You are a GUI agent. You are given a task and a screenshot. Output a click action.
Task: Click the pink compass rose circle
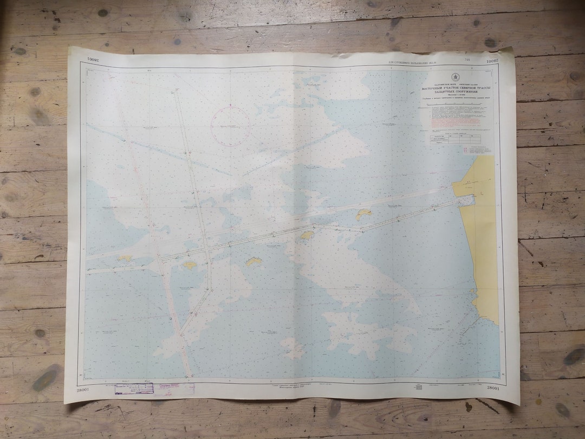point(230,126)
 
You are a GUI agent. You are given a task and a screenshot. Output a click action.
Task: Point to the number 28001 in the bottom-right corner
point(493,388)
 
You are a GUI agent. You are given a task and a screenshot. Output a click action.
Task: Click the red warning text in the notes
point(455,122)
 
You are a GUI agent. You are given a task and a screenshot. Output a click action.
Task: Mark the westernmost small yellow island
point(125,259)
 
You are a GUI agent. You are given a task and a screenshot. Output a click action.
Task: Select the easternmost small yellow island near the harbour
point(363,214)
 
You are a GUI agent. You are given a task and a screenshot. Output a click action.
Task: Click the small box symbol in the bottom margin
point(418,387)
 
